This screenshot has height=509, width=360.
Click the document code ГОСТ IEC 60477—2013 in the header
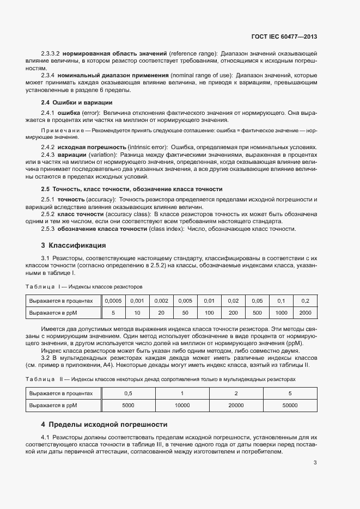coord(285,36)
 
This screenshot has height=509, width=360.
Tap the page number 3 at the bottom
coord(315,463)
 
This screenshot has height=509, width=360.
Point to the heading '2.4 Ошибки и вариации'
coord(77,102)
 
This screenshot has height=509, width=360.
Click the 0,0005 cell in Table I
coord(113,301)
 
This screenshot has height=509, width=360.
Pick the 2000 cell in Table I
coord(305,312)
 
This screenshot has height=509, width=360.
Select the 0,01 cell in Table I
coord(209,301)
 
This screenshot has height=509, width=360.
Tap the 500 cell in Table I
coord(257,312)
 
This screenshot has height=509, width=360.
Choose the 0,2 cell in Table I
coord(305,301)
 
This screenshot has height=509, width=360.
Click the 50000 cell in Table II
coord(290,405)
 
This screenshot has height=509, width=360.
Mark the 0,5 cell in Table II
coord(129,393)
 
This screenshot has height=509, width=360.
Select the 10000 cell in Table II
coord(182,405)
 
